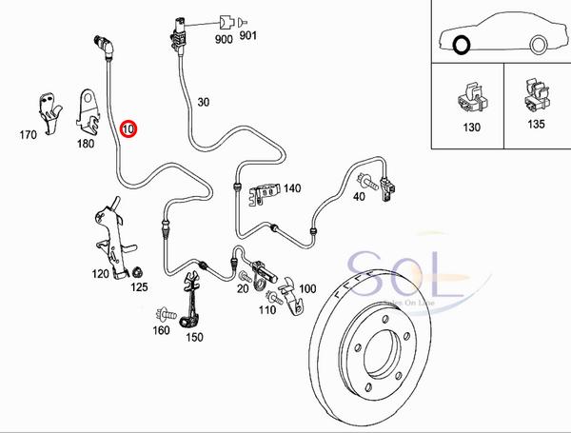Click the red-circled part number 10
(128, 127)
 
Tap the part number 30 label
(203, 102)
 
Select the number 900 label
(224, 41)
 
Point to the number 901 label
(248, 41)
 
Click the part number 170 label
(27, 134)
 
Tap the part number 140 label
(291, 188)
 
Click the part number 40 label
(359, 197)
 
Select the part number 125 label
(139, 285)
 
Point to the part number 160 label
(161, 330)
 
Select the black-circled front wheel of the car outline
(463, 44)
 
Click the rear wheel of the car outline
(539, 43)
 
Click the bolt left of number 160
(166, 312)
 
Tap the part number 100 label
(307, 287)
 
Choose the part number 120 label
(100, 274)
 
